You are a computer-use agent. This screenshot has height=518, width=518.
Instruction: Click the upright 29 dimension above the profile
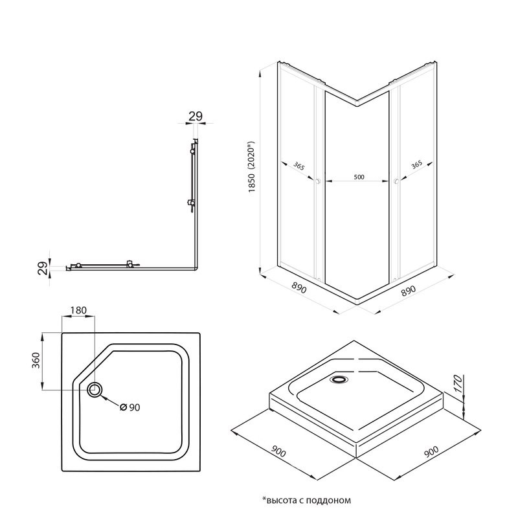pyautogui.click(x=196, y=117)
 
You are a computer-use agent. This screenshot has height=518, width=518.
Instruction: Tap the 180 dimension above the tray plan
pyautogui.click(x=78, y=310)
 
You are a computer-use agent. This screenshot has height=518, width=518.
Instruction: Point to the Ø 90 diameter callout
pyautogui.click(x=131, y=407)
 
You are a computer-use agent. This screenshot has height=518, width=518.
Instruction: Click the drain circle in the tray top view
pyautogui.click(x=95, y=389)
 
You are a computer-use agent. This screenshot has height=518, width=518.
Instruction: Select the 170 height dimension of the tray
pyautogui.click(x=458, y=385)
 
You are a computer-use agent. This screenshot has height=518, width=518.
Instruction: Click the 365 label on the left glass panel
pyautogui.click(x=298, y=166)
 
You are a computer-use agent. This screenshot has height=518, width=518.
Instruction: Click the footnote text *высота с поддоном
pyautogui.click(x=306, y=501)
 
